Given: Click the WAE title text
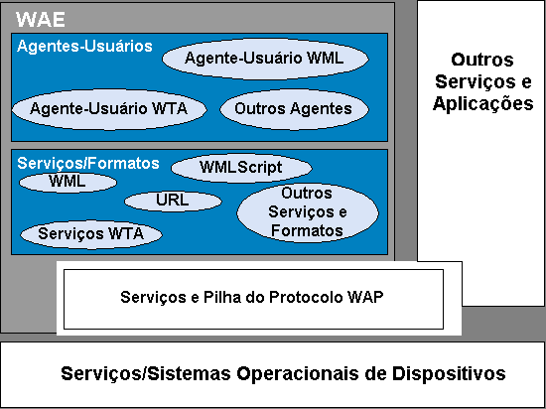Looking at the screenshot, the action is tap(41, 19).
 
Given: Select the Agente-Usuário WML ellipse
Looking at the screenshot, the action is tap(265, 59).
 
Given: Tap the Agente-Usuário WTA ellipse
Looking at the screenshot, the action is tap(109, 109).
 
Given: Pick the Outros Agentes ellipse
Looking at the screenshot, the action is tap(294, 109).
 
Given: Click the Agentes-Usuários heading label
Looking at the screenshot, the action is tap(84, 47).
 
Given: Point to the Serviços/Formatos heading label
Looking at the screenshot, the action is tap(88, 163).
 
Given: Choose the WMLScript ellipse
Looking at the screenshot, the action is tap(241, 168).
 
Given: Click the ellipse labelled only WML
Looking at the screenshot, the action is tap(68, 182).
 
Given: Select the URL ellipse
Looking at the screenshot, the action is tap(173, 201).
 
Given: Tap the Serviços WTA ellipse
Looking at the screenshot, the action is tap(91, 234).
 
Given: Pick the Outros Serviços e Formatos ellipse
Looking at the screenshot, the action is tap(308, 212).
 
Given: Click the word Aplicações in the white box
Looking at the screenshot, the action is tap(483, 103).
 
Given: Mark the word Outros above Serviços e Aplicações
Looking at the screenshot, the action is tap(482, 60).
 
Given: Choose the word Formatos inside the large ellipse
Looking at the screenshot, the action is tap(307, 230).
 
